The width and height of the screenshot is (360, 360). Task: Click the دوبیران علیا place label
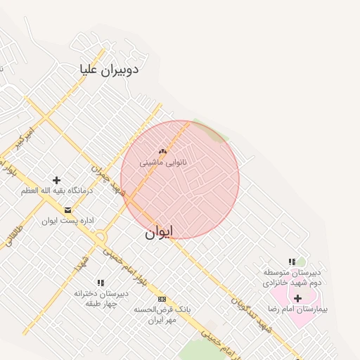tap(109, 69)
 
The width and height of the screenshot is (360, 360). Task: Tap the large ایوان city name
tap(159, 233)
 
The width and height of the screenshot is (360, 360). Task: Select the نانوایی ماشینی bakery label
tap(162, 162)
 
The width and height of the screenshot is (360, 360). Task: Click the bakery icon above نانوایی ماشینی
tap(162, 150)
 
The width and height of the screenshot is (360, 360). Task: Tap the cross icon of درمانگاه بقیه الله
tap(57, 181)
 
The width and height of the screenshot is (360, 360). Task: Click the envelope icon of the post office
tap(67, 210)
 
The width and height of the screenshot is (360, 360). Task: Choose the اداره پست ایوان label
tap(67, 220)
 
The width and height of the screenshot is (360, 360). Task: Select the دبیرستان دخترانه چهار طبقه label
tap(101, 298)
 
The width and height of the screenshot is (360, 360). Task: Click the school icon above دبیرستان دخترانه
tap(101, 283)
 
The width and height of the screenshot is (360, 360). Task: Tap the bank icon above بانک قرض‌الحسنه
tap(162, 299)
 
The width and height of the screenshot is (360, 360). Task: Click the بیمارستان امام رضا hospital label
tap(299, 309)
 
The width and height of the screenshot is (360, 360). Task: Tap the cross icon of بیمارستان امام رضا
tap(298, 299)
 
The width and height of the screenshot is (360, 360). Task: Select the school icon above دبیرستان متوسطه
tap(292, 262)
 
